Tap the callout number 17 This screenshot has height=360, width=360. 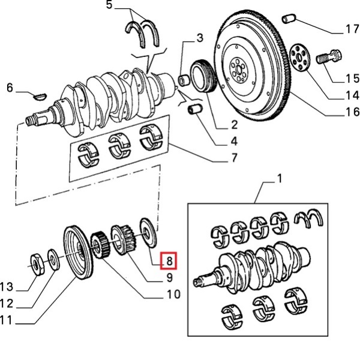point(352,28)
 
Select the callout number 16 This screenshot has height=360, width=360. point(352,112)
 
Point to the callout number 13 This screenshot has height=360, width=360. point(6,285)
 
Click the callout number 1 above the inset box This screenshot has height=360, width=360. point(279,179)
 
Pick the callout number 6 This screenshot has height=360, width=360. point(10,89)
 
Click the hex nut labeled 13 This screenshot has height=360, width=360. point(35,262)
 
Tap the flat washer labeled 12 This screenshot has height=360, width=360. point(53,260)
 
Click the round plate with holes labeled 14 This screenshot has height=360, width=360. point(298,58)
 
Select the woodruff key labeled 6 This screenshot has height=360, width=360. point(40,94)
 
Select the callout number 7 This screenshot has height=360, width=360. point(233,159)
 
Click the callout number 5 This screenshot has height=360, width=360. point(109,5)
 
